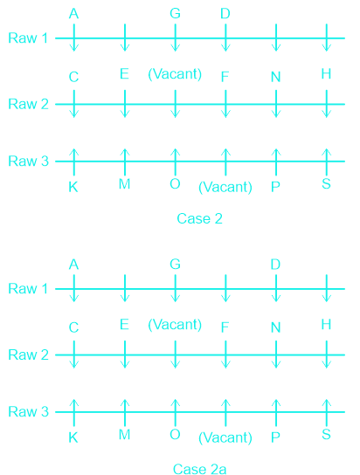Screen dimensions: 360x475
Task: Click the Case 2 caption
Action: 199,218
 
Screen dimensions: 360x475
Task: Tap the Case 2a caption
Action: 199,469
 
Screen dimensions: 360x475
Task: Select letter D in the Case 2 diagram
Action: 225,14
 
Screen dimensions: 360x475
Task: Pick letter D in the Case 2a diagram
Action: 275,265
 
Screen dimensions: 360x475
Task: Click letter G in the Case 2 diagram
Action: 175,14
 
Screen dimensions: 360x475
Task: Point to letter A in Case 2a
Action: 73,265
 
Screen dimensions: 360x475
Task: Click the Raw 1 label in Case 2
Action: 28,38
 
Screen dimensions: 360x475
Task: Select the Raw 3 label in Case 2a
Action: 28,411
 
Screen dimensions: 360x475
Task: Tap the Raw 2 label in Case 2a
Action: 28,355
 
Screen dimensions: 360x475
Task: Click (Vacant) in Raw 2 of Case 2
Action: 175,74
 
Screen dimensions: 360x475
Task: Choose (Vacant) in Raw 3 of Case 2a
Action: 225,437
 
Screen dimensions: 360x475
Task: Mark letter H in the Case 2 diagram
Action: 326,74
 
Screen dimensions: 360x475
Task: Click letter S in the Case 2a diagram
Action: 326,435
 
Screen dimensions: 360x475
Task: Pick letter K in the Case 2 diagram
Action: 73,187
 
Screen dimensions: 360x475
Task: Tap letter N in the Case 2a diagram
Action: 275,327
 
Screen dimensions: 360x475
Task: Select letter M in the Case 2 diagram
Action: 124,184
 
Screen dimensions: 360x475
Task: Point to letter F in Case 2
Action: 225,77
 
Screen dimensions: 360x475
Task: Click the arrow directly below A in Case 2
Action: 74,38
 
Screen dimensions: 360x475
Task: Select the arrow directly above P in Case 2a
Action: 276,413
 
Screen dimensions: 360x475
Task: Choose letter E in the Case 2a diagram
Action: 124,325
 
